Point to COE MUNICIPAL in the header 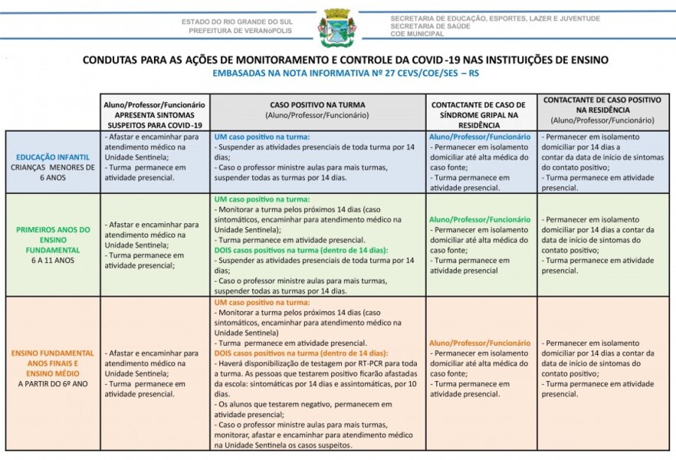pyautogui.click(x=417, y=34)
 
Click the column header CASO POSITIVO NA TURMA pyautogui.click(x=317, y=104)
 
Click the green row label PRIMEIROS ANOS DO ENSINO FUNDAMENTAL pyautogui.click(x=53, y=238)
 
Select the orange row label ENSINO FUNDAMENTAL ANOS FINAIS pyautogui.click(x=53, y=362)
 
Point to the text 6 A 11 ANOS pyautogui.click(x=53, y=260)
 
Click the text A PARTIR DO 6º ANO pyautogui.click(x=53, y=382)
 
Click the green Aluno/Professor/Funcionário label pyautogui.click(x=480, y=219)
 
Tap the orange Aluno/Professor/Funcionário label pyautogui.click(x=480, y=343)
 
